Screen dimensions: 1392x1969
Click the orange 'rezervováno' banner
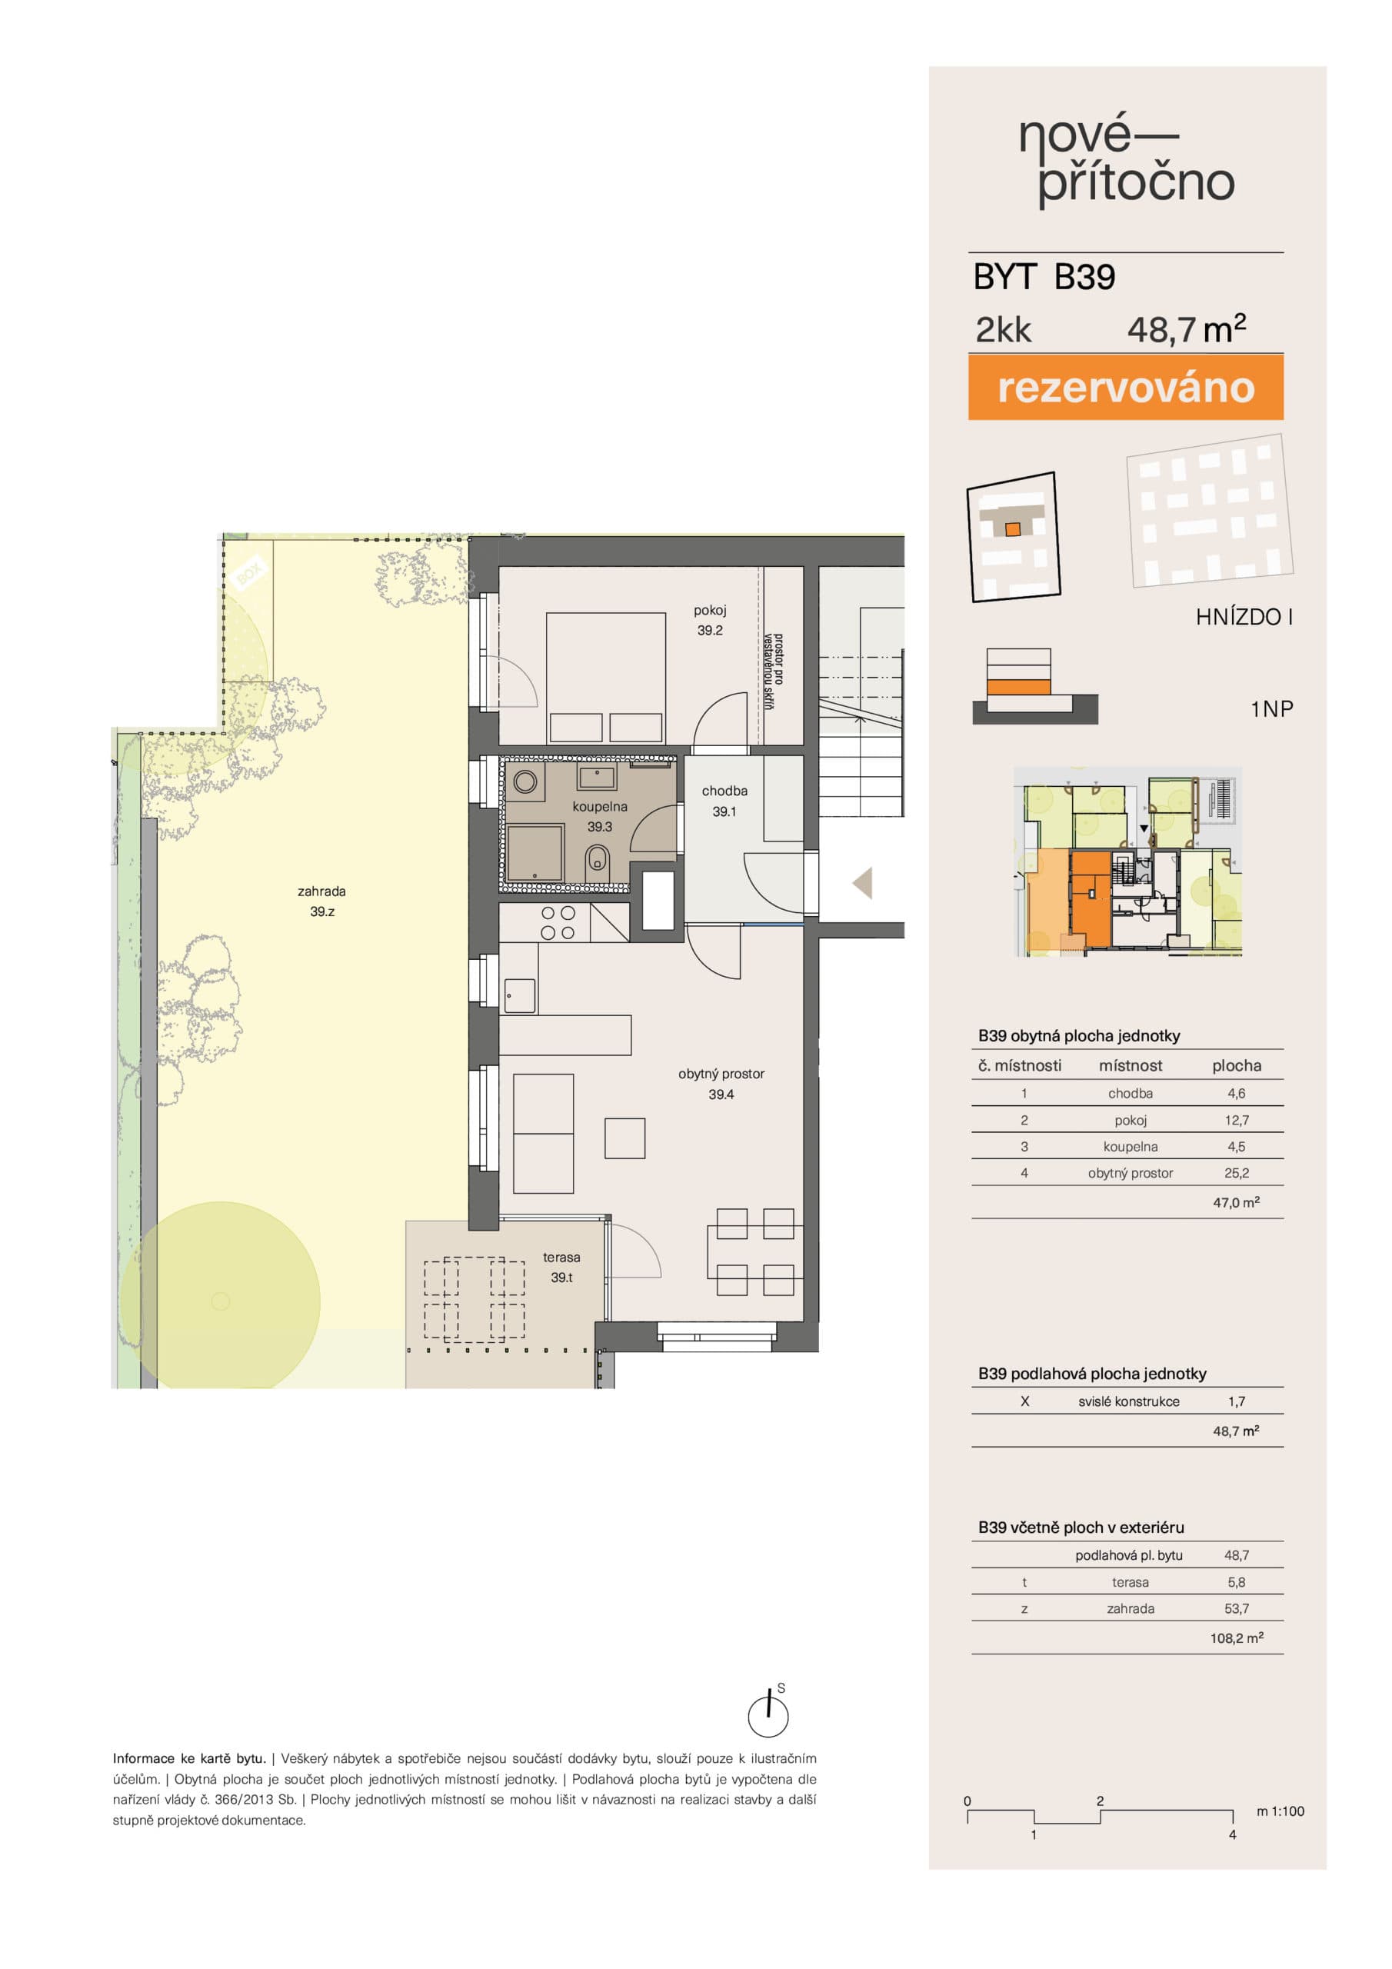tap(1125, 388)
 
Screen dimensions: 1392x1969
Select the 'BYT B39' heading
tap(1044, 277)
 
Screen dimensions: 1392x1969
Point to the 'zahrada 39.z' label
tap(321, 901)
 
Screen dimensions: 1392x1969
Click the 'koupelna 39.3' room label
tap(600, 816)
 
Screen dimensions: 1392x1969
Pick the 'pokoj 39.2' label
tap(709, 620)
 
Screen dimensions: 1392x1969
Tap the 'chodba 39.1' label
tap(724, 801)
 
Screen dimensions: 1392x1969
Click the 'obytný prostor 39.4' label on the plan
tap(721, 1084)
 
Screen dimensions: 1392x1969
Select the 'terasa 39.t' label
tap(561, 1267)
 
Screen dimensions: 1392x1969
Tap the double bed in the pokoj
tap(605, 678)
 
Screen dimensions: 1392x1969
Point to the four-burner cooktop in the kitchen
tap(558, 924)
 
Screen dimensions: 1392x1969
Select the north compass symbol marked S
tap(768, 1713)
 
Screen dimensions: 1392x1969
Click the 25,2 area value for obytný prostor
tap(1236, 1173)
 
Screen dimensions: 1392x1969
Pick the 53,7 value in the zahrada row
tap(1236, 1609)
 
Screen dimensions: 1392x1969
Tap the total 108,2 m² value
tap(1236, 1638)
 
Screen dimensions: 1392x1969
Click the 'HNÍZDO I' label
tap(1244, 617)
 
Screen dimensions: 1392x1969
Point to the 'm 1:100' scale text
tap(1280, 1811)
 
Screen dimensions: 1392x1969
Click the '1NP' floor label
tap(1271, 709)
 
